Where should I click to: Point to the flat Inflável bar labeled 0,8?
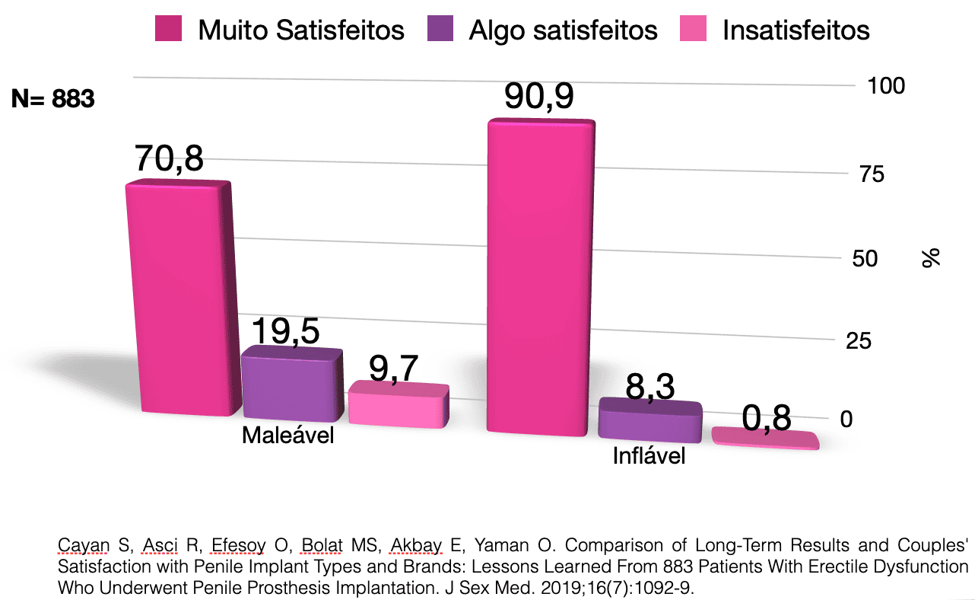[x=764, y=439]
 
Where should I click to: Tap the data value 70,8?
[x=169, y=159]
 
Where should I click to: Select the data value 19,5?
[x=285, y=331]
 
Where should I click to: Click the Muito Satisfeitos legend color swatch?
[x=170, y=30]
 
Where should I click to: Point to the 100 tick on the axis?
[x=886, y=85]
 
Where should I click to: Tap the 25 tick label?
[x=859, y=340]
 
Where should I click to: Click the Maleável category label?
[x=287, y=436]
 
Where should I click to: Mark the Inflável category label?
[x=649, y=456]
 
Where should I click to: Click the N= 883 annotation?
[x=52, y=99]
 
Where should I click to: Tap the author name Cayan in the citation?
[x=79, y=545]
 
